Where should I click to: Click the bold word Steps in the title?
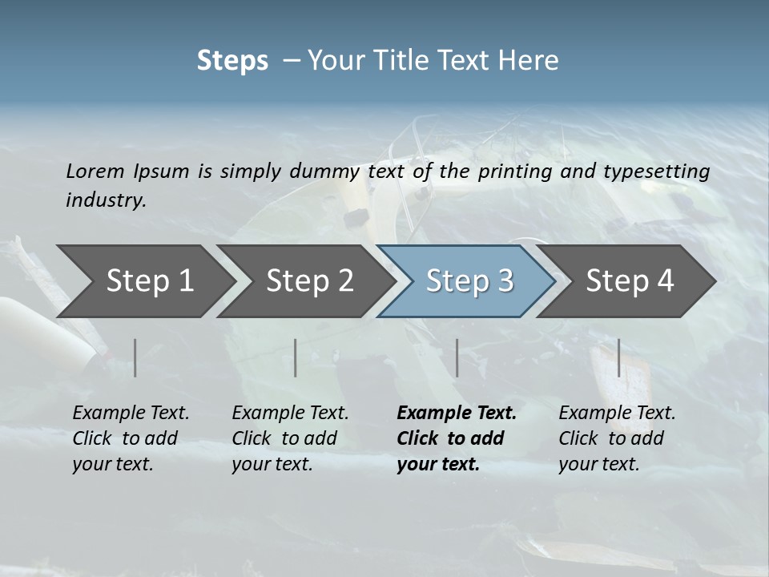click(x=232, y=61)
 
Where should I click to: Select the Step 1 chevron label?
click(x=150, y=280)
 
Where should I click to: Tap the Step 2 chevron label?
click(x=310, y=280)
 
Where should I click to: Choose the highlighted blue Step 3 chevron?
click(x=469, y=280)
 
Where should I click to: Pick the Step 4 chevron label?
click(x=630, y=280)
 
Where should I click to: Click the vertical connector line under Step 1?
click(x=135, y=357)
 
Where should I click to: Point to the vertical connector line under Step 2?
click(x=296, y=357)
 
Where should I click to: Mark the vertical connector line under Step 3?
click(x=457, y=357)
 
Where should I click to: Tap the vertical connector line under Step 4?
click(x=618, y=357)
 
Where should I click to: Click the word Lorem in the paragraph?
click(x=95, y=171)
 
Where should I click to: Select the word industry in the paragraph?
click(x=105, y=200)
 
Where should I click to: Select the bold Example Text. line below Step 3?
click(x=457, y=414)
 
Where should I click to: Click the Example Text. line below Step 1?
click(x=131, y=414)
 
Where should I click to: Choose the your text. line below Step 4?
click(x=598, y=464)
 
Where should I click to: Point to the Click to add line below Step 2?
click(x=284, y=438)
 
